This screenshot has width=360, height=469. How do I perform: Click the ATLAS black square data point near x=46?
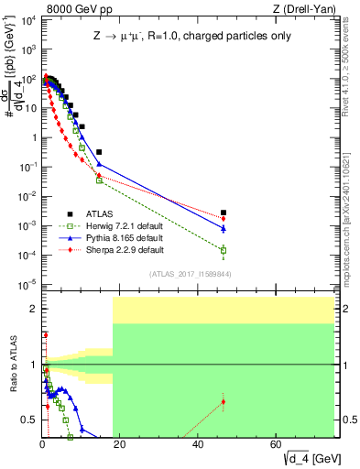[224, 213]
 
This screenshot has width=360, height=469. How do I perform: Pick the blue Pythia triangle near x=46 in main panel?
[224, 228]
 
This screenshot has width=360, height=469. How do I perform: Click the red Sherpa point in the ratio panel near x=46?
[224, 401]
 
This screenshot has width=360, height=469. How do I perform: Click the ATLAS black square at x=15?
[99, 151]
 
